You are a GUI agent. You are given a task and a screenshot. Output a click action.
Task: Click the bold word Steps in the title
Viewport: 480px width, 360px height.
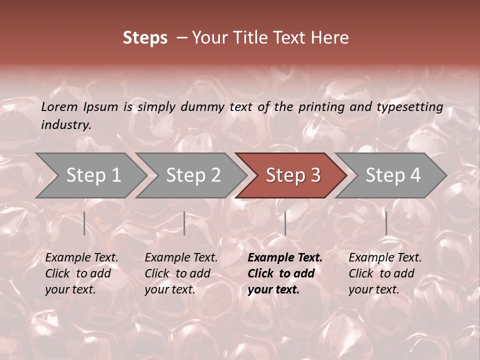click(145, 38)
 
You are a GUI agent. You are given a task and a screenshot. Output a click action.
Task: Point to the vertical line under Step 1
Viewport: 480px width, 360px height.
click(84, 223)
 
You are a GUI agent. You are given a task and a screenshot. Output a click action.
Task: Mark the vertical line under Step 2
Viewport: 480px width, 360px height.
click(184, 223)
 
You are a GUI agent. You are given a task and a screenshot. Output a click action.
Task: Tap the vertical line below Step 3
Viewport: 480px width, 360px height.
click(285, 223)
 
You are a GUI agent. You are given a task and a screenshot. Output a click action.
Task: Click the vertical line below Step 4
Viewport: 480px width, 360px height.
click(386, 223)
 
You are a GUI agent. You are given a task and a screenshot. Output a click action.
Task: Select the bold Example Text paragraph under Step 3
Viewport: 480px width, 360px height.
click(285, 273)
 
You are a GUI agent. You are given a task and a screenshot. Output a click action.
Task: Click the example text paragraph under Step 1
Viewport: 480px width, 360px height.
click(81, 273)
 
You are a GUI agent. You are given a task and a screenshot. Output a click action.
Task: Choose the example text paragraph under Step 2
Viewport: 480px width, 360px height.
click(181, 273)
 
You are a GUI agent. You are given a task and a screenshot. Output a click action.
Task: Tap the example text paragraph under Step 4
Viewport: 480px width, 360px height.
click(385, 273)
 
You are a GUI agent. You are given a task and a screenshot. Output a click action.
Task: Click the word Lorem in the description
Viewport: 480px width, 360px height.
click(59, 107)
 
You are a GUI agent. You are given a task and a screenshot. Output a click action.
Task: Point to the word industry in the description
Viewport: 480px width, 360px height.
click(65, 125)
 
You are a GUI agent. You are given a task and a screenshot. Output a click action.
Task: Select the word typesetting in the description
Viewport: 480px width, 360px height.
click(409, 107)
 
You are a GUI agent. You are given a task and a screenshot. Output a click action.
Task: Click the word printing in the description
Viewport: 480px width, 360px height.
click(320, 107)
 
